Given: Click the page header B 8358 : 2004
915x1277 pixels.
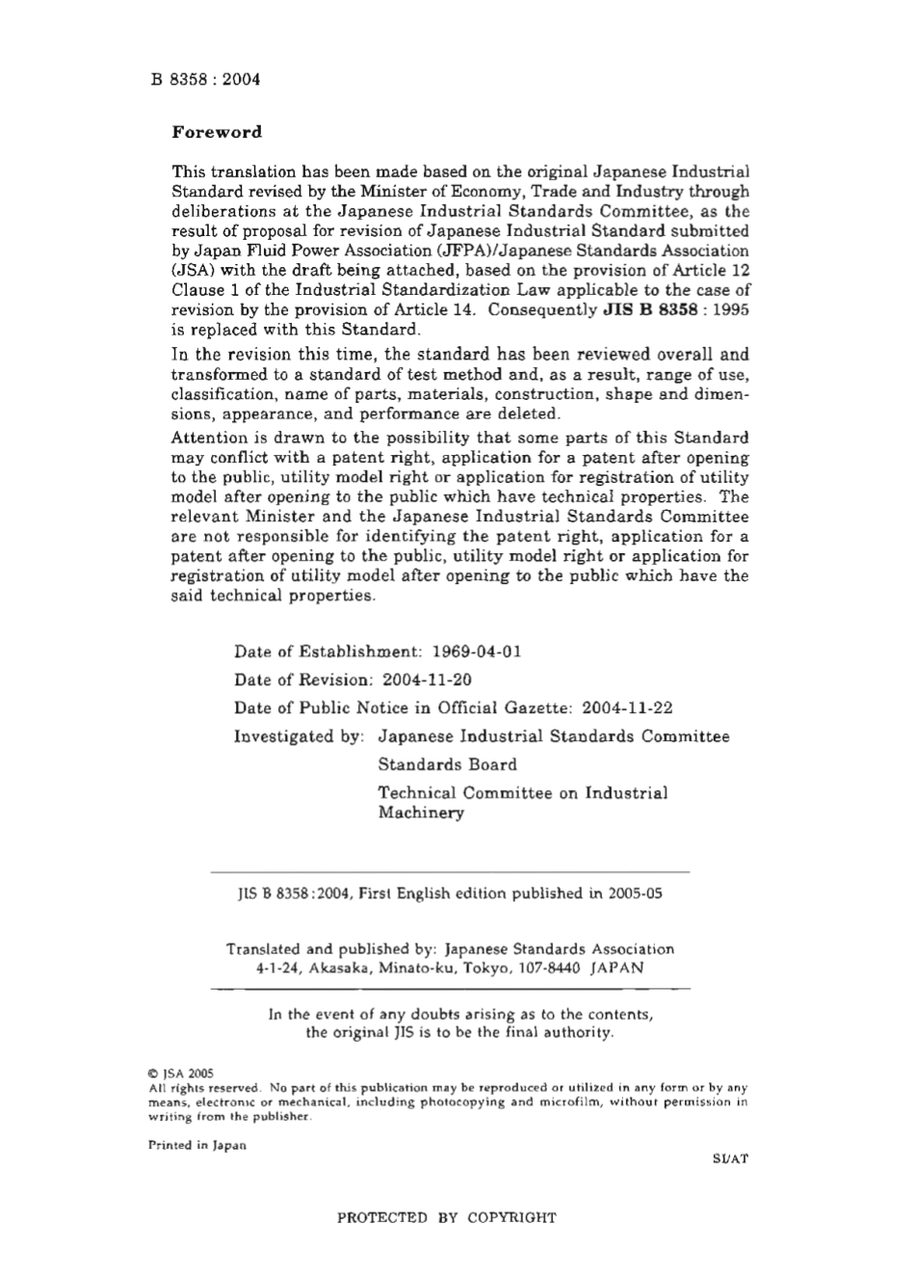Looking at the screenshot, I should [205, 79].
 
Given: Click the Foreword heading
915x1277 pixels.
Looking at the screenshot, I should [216, 132].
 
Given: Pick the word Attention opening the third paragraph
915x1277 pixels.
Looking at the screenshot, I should [205, 438].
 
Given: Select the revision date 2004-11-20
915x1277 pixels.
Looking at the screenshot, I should [426, 679].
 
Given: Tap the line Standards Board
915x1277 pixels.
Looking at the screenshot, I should [447, 764].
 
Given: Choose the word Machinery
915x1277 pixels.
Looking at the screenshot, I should [420, 812].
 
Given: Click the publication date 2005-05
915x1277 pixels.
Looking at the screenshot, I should [635, 892].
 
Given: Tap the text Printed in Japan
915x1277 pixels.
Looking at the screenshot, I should [196, 1145].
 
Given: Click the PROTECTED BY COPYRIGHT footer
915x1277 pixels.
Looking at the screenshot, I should [446, 1217].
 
